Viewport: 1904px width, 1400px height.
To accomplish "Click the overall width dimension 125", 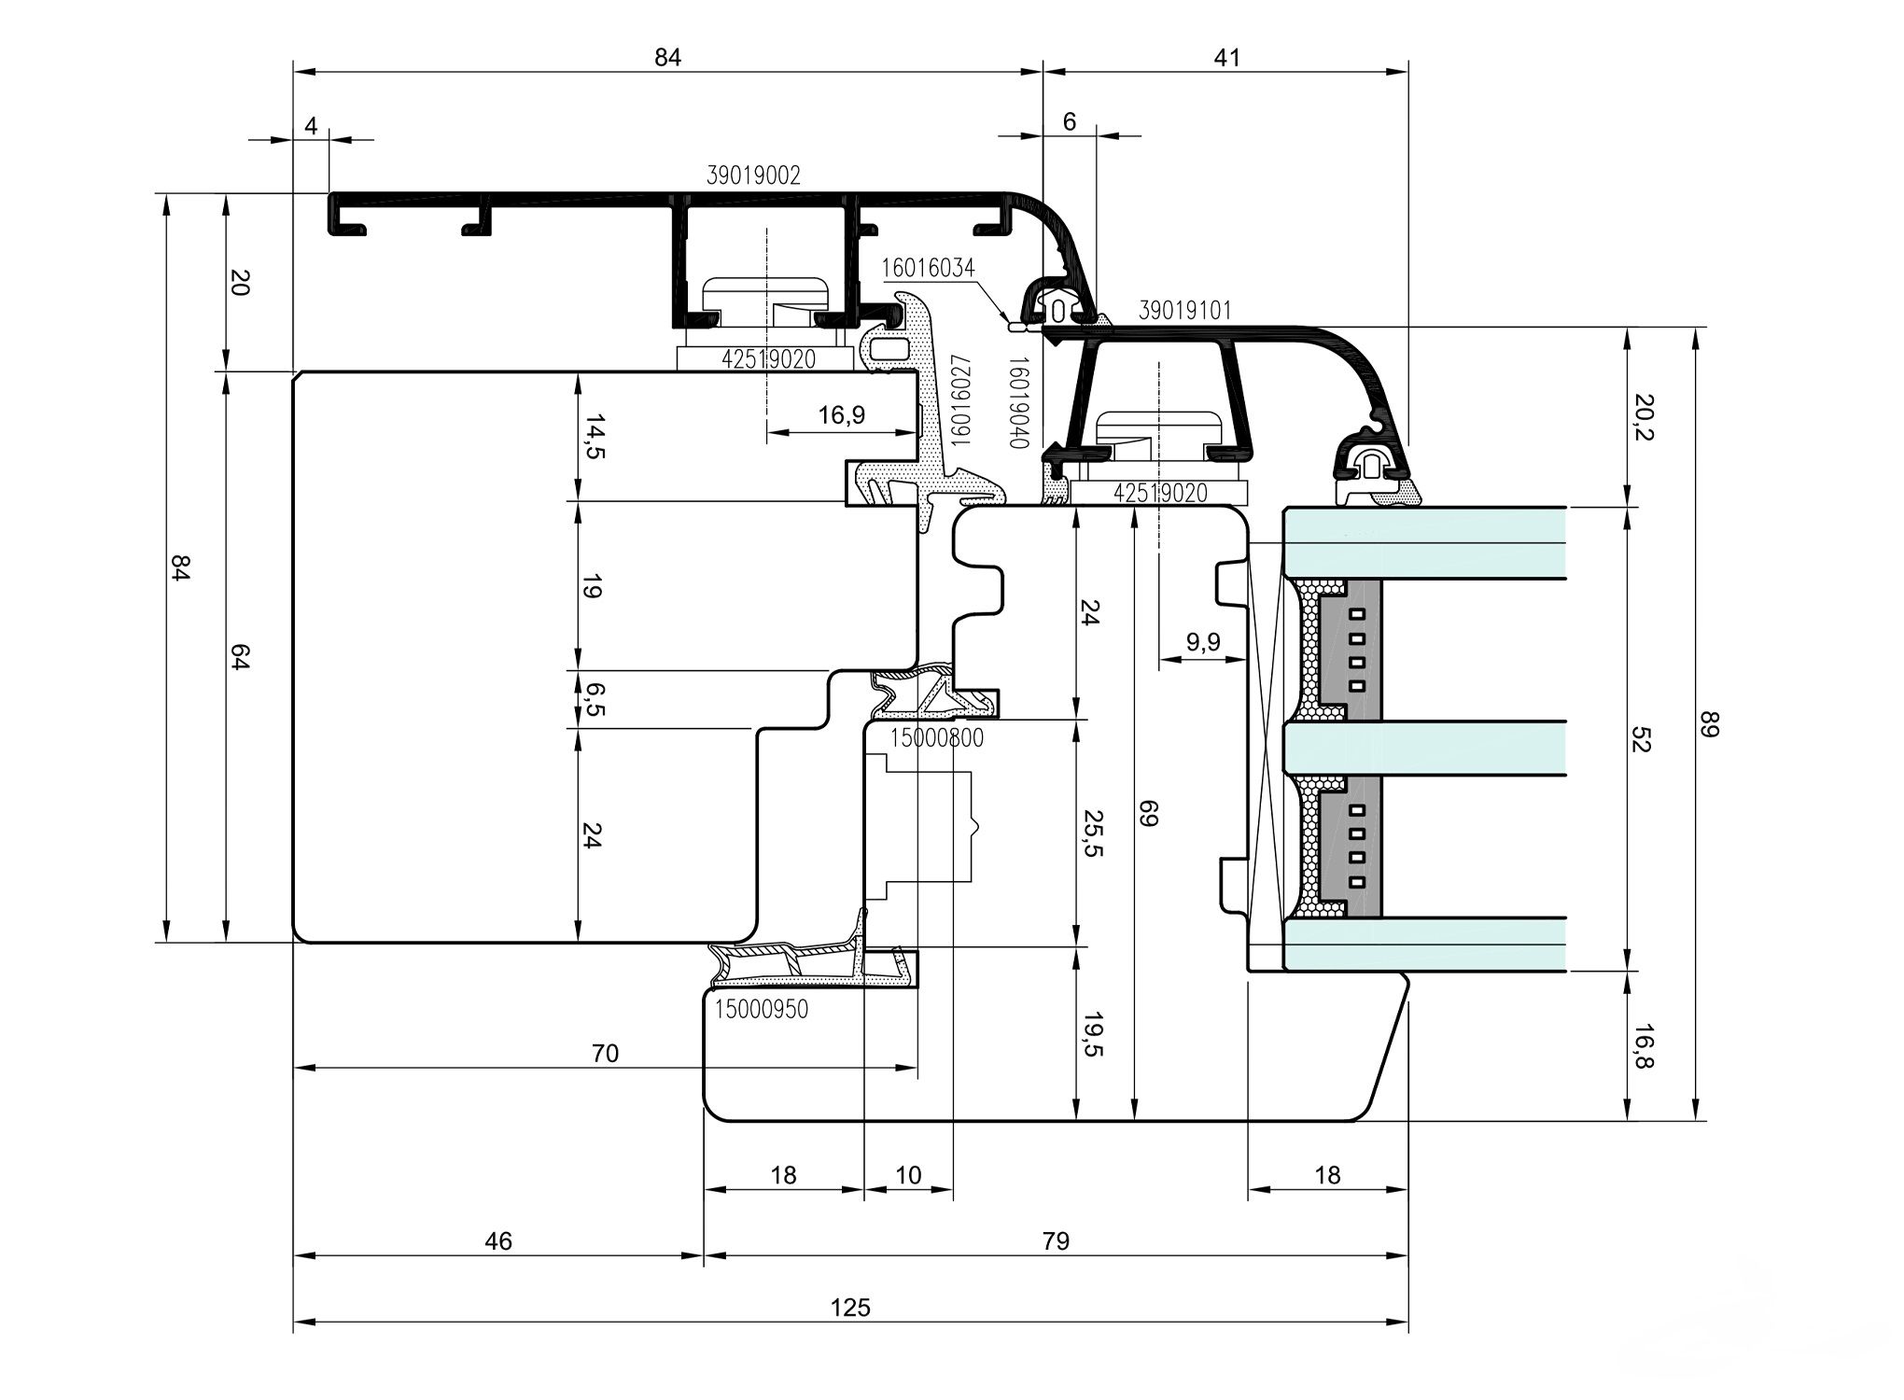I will click(x=850, y=1307).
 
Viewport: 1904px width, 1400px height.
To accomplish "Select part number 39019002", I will click(x=753, y=175).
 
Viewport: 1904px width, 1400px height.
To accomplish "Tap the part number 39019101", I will click(x=1184, y=311).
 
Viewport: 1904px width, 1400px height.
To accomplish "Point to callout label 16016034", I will click(x=928, y=269).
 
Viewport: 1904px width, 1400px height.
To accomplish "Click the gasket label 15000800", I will click(x=936, y=738).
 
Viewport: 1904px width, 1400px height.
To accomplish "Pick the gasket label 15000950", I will click(x=762, y=1009).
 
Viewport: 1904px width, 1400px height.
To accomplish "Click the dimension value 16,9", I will click(x=842, y=414).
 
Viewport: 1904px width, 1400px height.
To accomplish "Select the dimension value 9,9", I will click(x=1203, y=642).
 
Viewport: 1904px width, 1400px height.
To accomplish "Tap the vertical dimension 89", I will click(x=1709, y=724).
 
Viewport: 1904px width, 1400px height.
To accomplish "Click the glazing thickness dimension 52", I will click(x=1644, y=740).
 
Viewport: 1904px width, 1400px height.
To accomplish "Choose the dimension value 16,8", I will click(x=1644, y=1046).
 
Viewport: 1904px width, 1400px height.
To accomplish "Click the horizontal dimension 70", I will click(x=605, y=1053).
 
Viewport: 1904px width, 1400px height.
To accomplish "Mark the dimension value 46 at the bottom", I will click(x=498, y=1240).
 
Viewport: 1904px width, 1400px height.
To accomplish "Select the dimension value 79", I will click(x=1056, y=1240).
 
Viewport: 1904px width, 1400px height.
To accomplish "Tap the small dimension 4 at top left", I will click(x=311, y=125).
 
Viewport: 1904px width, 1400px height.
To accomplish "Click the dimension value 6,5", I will click(x=593, y=699).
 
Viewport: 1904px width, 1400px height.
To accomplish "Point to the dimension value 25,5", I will click(x=1093, y=833).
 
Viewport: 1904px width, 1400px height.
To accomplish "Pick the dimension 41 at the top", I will click(x=1226, y=58).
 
